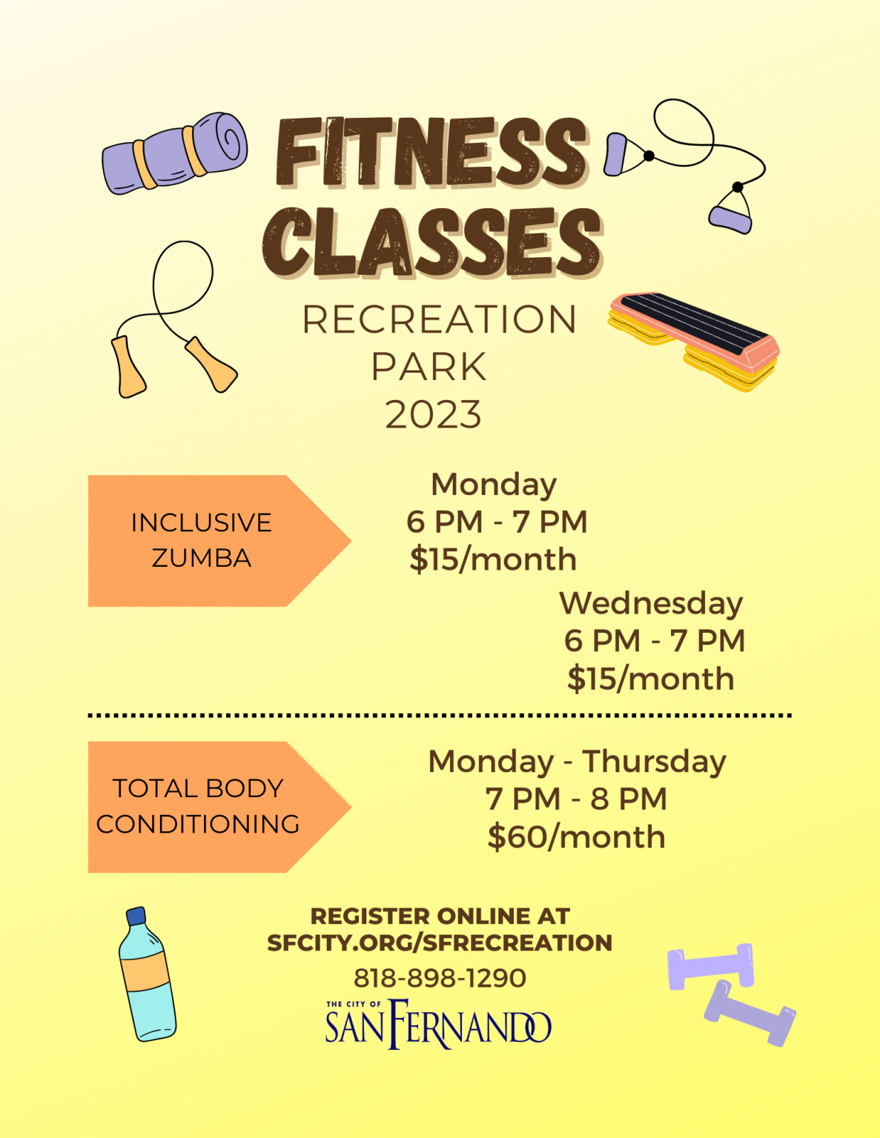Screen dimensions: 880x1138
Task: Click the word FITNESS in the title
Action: point(431,152)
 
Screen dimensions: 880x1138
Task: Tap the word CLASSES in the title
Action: point(433,242)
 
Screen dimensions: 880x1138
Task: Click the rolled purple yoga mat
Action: point(174,153)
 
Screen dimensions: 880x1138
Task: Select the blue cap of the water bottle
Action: point(136,916)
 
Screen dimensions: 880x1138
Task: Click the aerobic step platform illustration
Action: point(693,341)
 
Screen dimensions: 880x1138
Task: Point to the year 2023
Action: point(433,415)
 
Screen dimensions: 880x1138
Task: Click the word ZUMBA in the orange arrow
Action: point(202,558)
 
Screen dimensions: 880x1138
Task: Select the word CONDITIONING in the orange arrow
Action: point(198,825)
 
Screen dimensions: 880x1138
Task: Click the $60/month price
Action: point(577,837)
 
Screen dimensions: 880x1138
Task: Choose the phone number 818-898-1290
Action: point(440,978)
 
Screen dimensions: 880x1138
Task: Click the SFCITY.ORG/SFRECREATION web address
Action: point(440,942)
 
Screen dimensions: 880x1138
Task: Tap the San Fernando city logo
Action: point(438,1024)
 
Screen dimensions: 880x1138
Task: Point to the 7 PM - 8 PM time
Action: point(577,799)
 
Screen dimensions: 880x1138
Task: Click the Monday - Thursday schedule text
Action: point(578,762)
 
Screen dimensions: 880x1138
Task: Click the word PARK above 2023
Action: point(429,367)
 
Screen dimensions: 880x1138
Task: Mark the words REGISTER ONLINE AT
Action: point(440,916)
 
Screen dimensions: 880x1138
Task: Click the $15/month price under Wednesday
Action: point(651,679)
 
